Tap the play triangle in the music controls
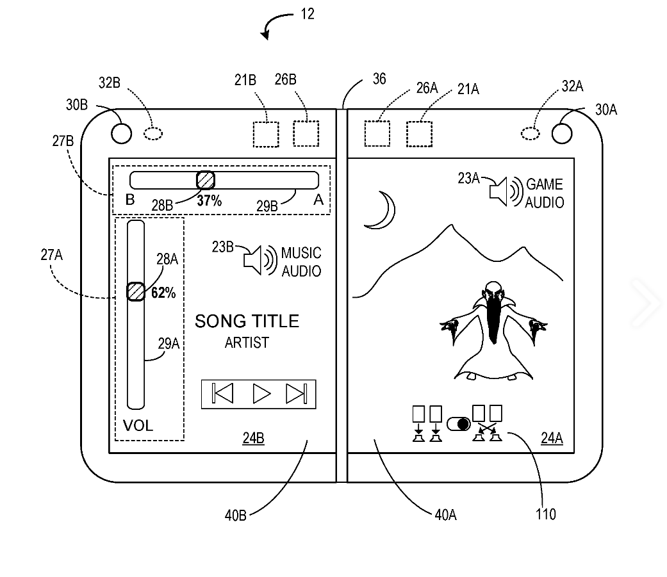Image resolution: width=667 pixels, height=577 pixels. [x=261, y=393]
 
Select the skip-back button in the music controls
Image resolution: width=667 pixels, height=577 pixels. [x=222, y=393]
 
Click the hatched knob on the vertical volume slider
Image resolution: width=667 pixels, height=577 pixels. [x=135, y=291]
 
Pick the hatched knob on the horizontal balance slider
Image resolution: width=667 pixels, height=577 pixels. [x=205, y=180]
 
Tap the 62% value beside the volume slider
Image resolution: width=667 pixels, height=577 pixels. [x=163, y=293]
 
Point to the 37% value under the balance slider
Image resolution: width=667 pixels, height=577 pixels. [x=209, y=201]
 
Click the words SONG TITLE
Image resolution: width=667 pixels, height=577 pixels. [x=247, y=321]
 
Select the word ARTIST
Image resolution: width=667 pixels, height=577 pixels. [x=247, y=343]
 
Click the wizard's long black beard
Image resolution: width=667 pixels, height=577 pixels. [x=493, y=320]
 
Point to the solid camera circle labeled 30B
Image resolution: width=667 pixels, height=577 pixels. [x=121, y=133]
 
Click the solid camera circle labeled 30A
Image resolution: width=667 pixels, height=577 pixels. [x=561, y=133]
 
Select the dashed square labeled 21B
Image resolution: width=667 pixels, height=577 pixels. [x=266, y=134]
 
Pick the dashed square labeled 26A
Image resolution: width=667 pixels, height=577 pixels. [x=377, y=134]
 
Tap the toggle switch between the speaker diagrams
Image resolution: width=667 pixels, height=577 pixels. [x=458, y=424]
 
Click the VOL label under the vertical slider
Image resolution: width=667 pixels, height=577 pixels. [x=138, y=426]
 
